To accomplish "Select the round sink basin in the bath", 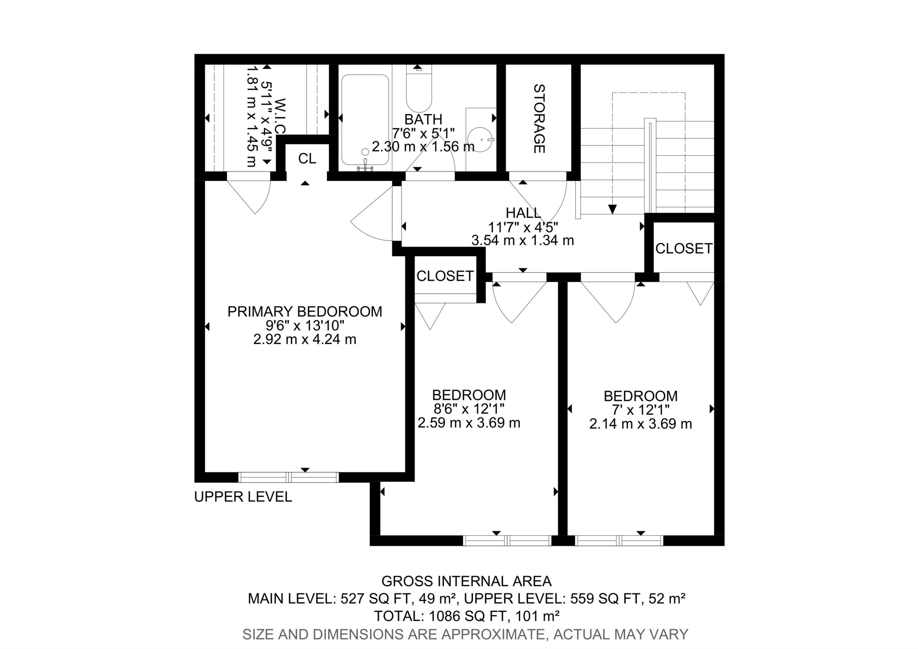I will (480, 140).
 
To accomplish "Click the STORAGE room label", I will (539, 119).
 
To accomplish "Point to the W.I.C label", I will (280, 116).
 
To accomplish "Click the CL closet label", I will (307, 159).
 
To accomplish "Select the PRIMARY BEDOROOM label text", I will (305, 311).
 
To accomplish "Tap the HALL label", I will (523, 213).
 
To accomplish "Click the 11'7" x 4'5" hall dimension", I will (523, 227).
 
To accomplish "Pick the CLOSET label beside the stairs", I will (684, 248).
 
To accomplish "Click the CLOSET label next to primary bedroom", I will (445, 276).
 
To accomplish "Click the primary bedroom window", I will (288, 477).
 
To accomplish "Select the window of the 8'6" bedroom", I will (507, 541).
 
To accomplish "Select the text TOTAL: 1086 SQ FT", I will (440, 616).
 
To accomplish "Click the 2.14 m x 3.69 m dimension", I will (640, 424).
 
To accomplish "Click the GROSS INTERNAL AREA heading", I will (466, 581).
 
